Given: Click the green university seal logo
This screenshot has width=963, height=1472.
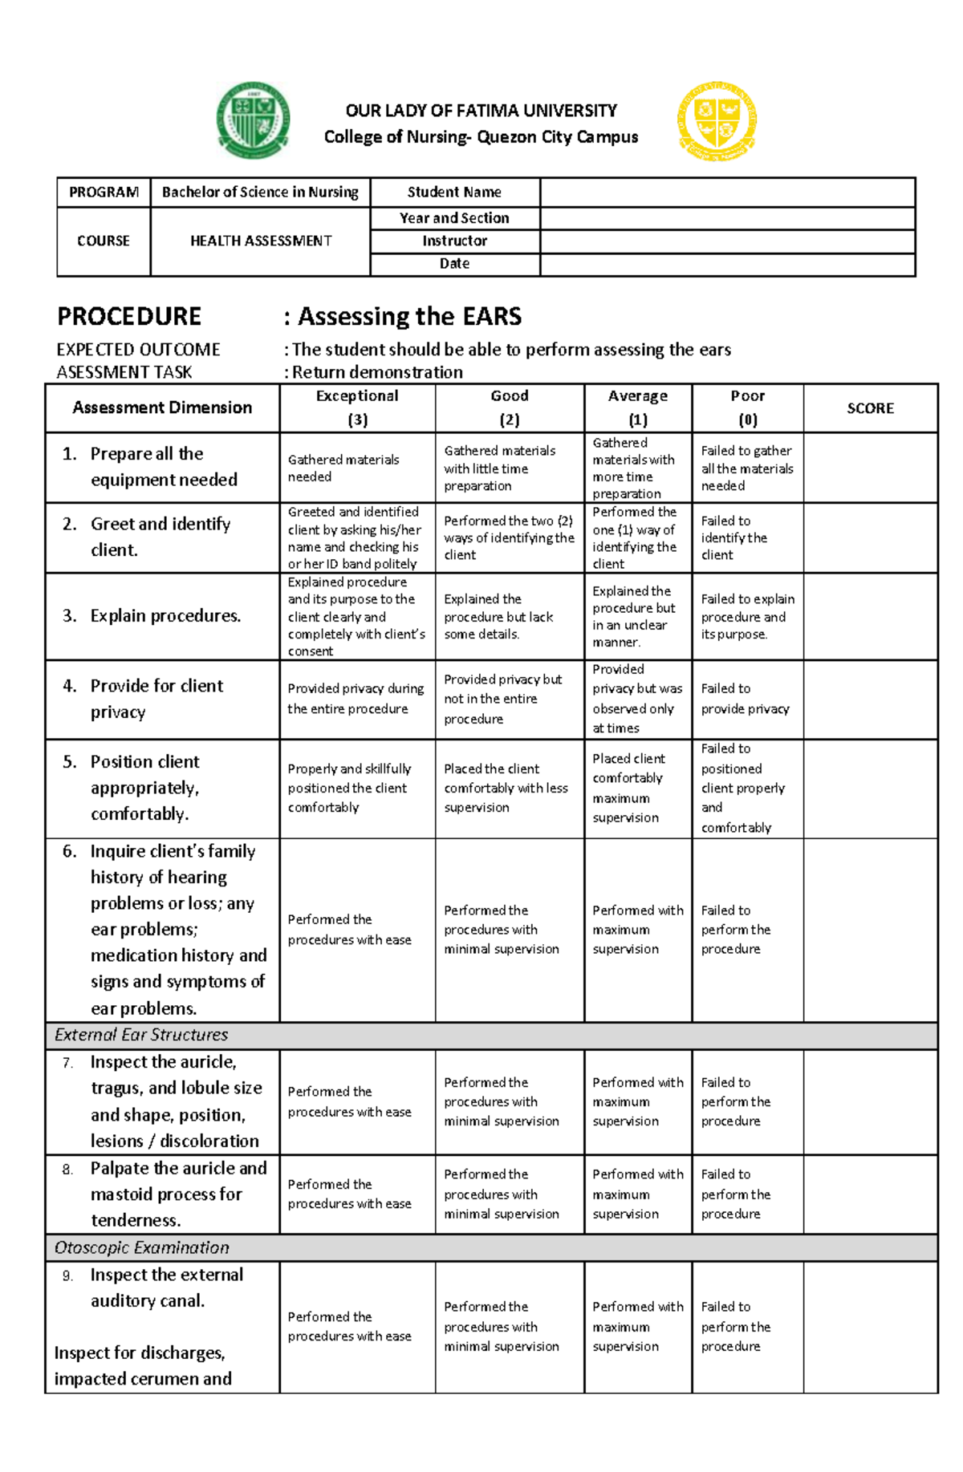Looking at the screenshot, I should (x=253, y=120).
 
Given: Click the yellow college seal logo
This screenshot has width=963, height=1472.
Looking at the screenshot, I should (x=717, y=121).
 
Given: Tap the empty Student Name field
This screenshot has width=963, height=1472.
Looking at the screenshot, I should (x=727, y=193).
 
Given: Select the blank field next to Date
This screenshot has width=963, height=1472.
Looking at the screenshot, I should (x=727, y=265).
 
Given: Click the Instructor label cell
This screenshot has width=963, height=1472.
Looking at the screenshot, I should (x=454, y=241).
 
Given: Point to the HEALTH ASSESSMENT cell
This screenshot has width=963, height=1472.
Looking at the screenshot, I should (x=260, y=241).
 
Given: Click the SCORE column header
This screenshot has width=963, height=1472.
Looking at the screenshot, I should (x=870, y=408).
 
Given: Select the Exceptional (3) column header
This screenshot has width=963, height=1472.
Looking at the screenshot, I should (x=357, y=408).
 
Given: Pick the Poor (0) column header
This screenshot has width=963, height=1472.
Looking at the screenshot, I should (x=747, y=408).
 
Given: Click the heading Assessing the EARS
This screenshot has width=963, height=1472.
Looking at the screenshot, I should (x=409, y=317).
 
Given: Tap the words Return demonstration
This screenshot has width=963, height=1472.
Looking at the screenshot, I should (x=377, y=372).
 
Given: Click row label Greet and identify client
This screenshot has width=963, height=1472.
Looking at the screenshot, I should (x=160, y=537).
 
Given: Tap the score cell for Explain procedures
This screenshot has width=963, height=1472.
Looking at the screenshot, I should (x=870, y=616).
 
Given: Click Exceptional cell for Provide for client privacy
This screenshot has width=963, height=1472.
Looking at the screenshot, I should (x=356, y=699).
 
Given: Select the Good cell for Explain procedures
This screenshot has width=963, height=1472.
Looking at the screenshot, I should (x=509, y=616).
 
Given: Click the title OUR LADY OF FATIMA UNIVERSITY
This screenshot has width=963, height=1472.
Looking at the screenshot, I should (x=481, y=111).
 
